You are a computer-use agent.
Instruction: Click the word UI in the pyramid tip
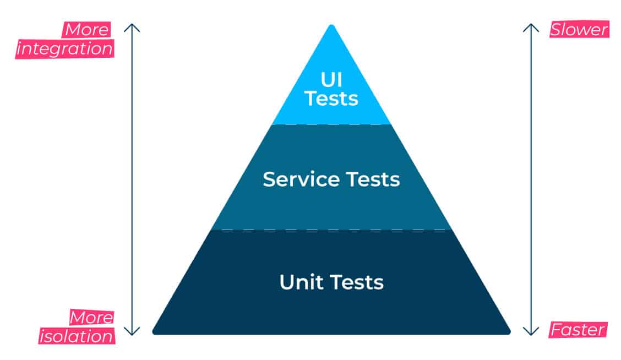(x=331, y=80)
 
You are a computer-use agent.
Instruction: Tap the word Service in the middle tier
(x=301, y=179)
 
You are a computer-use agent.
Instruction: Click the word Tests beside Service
(x=373, y=179)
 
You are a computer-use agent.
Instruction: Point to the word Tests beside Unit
(x=357, y=282)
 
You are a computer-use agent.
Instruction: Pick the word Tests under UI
(x=331, y=98)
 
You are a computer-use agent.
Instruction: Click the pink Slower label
(x=579, y=30)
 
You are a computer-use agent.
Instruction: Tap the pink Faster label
(x=578, y=330)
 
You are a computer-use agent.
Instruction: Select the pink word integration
(x=65, y=48)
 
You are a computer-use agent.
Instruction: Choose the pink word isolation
(x=77, y=336)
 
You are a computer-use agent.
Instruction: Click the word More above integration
(x=87, y=30)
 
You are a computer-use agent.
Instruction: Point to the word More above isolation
(x=91, y=317)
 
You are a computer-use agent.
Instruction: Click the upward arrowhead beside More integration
(x=132, y=28)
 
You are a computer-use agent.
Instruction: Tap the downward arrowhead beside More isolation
(x=132, y=331)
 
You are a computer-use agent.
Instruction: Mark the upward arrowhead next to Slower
(x=531, y=28)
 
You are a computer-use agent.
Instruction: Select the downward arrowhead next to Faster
(x=531, y=331)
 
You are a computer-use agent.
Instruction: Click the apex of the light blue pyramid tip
(x=331, y=25)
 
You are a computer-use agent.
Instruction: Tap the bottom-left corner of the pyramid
(x=154, y=333)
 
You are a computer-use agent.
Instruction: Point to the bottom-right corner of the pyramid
(x=509, y=333)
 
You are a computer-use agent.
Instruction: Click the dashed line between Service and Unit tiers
(x=331, y=230)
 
